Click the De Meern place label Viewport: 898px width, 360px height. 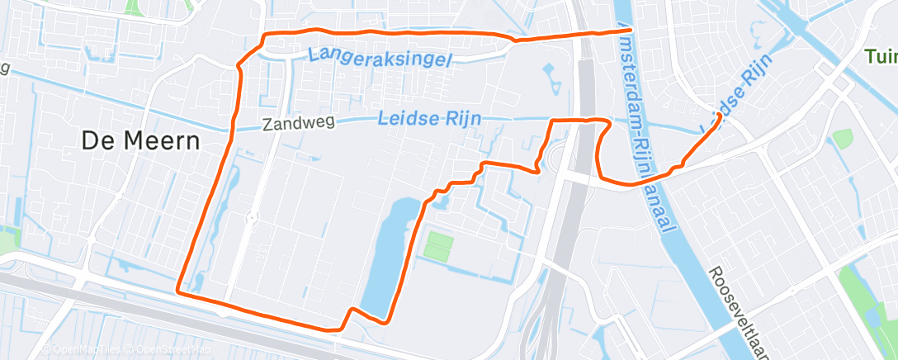pyautogui.click(x=141, y=141)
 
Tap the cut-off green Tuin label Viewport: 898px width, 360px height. pyautogui.click(x=881, y=57)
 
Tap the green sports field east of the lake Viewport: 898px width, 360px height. pyautogui.click(x=440, y=244)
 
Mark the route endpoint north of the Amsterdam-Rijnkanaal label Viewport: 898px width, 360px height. pyautogui.click(x=619, y=31)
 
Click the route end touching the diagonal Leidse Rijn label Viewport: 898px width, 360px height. pyautogui.click(x=720, y=116)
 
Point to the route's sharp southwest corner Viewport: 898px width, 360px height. pyautogui.click(x=178, y=291)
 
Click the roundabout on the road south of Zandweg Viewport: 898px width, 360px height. pyautogui.click(x=250, y=217)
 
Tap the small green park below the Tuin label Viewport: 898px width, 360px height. pyautogui.click(x=842, y=138)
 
